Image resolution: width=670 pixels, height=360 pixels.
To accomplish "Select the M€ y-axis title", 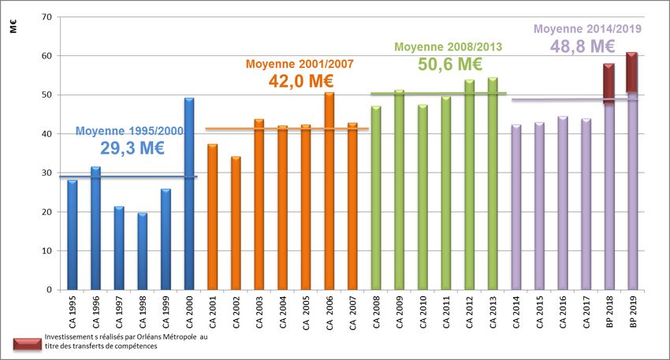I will pyautogui.click(x=14, y=28).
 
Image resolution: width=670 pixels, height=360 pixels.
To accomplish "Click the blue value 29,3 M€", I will pyautogui.click(x=132, y=147).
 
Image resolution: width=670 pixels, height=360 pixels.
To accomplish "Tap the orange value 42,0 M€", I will pyautogui.click(x=300, y=80).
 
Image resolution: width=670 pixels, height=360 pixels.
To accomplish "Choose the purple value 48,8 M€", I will pyautogui.click(x=583, y=46).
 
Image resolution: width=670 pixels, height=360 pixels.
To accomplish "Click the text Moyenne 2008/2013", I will pyautogui.click(x=448, y=46).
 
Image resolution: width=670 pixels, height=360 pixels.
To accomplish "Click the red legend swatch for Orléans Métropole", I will pyautogui.click(x=28, y=343).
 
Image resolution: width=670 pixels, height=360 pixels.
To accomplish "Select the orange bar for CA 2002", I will pyautogui.click(x=236, y=223).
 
